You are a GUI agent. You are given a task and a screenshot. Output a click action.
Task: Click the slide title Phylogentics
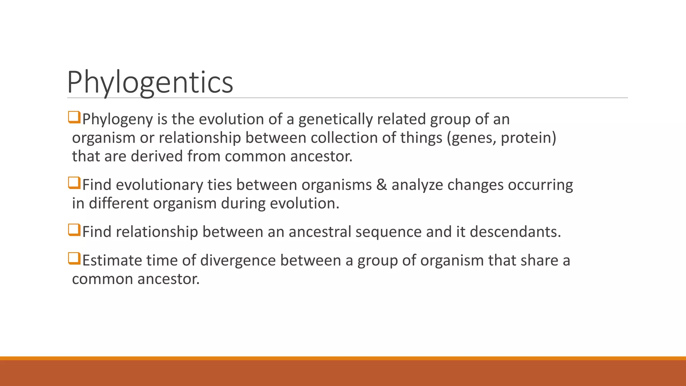tap(150, 82)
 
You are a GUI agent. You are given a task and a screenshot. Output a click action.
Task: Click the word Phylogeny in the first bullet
tap(118, 120)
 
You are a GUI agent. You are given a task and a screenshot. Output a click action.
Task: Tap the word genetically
tap(335, 120)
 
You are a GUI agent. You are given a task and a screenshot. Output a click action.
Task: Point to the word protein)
tap(528, 138)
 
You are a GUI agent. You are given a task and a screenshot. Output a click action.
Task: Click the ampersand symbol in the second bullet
tap(382, 185)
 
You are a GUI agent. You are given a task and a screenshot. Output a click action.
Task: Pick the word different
tap(119, 203)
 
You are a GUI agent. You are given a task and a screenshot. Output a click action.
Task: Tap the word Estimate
tap(112, 260)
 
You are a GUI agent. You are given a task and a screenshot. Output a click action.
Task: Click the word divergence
tap(238, 260)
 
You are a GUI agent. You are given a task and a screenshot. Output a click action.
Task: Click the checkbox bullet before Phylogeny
tap(74, 118)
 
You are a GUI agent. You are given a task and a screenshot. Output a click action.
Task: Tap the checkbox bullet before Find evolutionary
tap(74, 183)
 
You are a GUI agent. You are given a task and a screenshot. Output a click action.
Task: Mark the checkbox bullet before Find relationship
tap(74, 230)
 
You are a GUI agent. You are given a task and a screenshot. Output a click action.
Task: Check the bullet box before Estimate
tap(74, 258)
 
